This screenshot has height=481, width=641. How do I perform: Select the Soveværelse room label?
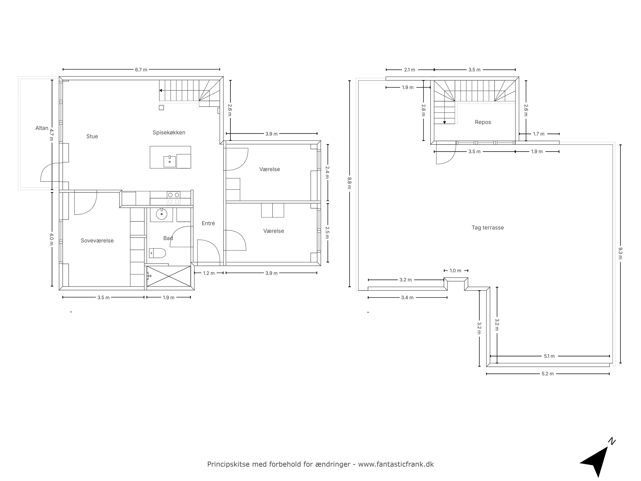click(x=97, y=241)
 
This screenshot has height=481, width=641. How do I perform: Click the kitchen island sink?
click(x=170, y=161)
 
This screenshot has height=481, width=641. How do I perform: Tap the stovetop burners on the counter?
click(x=173, y=198)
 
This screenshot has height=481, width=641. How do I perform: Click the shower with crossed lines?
click(x=169, y=276)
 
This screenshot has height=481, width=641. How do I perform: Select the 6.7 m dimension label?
click(x=141, y=70)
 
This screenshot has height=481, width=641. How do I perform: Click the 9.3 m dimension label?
click(x=620, y=253)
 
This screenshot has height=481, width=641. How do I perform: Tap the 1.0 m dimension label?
click(x=455, y=271)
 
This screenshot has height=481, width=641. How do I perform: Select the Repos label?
click(x=483, y=122)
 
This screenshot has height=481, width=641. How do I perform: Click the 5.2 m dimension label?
click(x=547, y=374)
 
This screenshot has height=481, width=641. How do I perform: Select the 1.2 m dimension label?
click(x=209, y=273)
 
